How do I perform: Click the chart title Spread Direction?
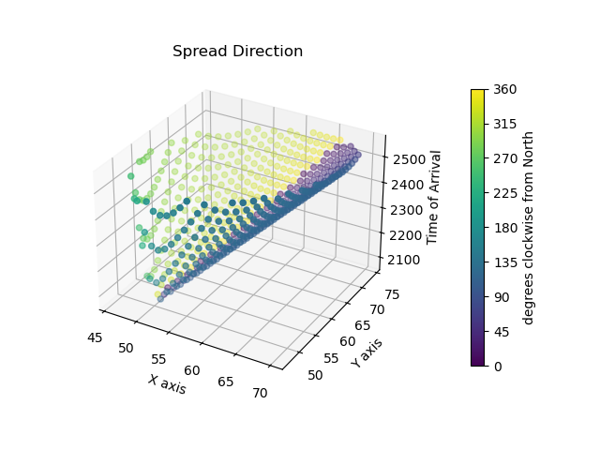click(x=237, y=52)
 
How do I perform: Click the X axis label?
click(x=167, y=383)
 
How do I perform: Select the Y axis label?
click(x=367, y=352)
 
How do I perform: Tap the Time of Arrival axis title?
click(x=435, y=197)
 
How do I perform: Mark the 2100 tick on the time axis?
click(x=401, y=258)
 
